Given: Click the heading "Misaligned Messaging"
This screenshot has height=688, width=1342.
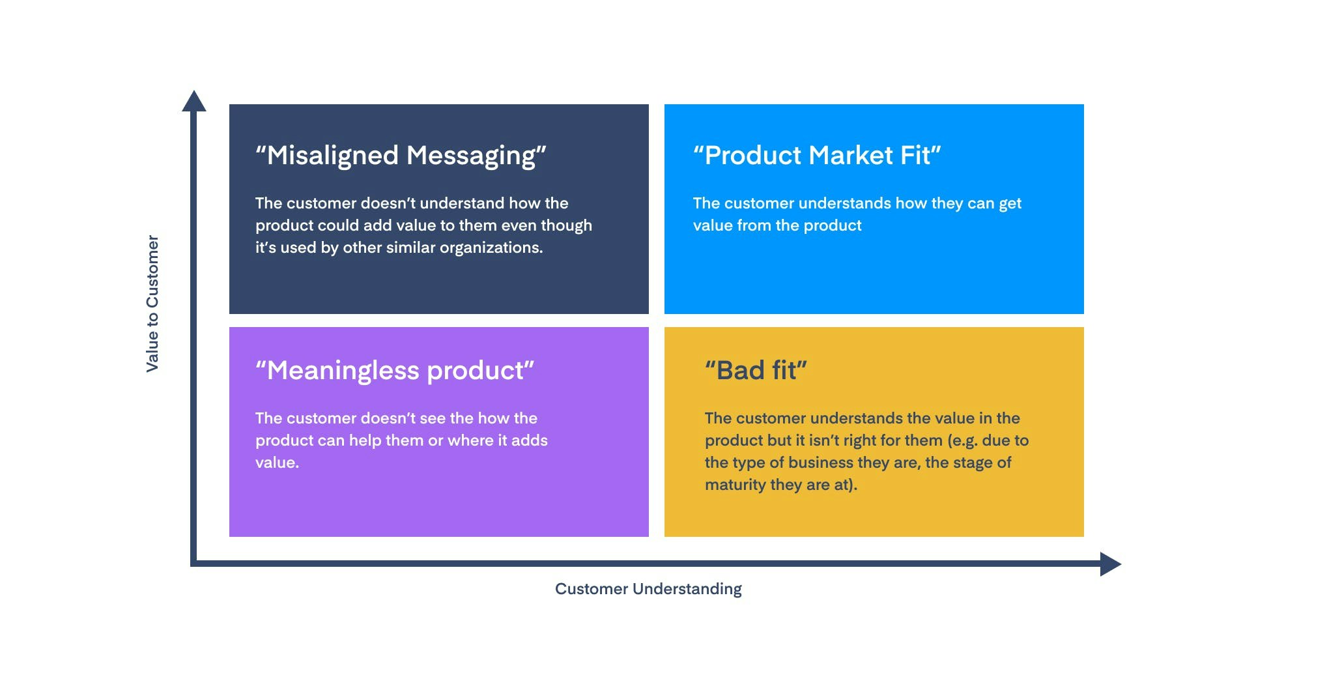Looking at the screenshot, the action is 401,156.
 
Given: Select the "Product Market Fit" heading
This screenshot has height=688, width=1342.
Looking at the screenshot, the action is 817,156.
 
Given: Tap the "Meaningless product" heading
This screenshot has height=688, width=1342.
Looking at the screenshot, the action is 395,371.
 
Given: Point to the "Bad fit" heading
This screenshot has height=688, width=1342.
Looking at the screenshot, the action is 756,371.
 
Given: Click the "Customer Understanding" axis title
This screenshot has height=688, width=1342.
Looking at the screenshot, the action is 648,589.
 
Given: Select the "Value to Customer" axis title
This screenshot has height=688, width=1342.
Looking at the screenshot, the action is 152,304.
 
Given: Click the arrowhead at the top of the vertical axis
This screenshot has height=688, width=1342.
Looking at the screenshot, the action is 194,101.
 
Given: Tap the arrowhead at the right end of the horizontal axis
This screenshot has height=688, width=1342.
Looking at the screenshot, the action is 1110,564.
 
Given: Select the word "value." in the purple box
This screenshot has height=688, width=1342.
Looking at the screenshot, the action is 277,463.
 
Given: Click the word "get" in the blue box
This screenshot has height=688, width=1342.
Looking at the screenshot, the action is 1010,204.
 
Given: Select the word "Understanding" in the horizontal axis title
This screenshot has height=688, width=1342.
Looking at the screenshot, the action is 687,589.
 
